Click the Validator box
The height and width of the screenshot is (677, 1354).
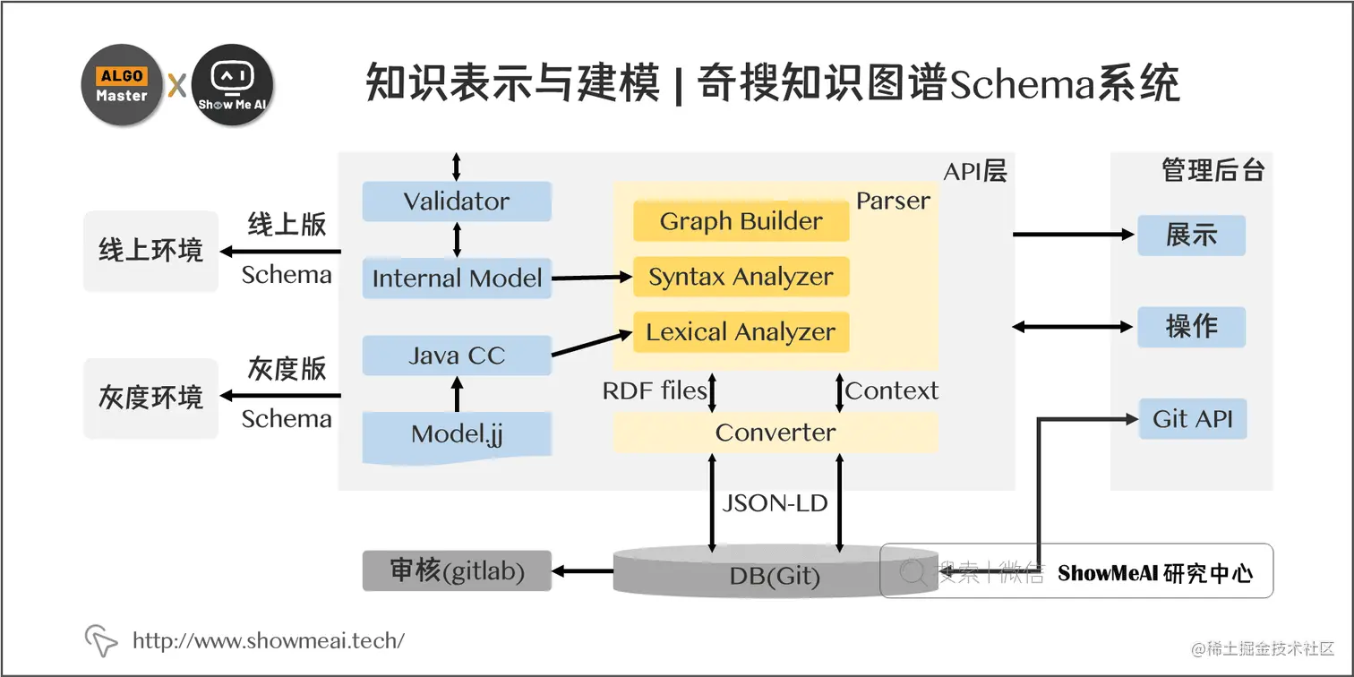tap(457, 201)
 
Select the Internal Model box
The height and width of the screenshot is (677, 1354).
tap(457, 279)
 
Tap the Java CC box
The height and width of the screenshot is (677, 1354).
tap(457, 356)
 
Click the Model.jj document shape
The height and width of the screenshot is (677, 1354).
tap(457, 435)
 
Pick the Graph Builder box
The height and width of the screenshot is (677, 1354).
tap(741, 221)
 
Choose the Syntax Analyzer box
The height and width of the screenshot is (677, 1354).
tap(741, 277)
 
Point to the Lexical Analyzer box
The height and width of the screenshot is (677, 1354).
tap(741, 332)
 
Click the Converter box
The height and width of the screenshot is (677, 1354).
tap(776, 433)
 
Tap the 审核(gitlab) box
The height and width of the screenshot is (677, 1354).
tap(457, 570)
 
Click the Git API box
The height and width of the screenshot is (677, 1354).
tap(1192, 419)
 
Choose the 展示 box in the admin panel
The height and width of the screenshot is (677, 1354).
tap(1191, 236)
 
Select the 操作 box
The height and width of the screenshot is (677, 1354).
tap(1191, 327)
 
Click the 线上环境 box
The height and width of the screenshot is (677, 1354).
tap(150, 251)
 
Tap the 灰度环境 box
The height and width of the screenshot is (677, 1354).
tap(150, 398)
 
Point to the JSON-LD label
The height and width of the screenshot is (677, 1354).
tap(775, 502)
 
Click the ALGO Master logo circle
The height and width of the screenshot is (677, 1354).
tap(122, 85)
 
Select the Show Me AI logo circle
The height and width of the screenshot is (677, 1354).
tap(233, 85)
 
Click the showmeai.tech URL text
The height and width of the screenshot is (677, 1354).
tap(268, 640)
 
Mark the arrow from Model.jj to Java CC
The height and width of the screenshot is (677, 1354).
tap(458, 394)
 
